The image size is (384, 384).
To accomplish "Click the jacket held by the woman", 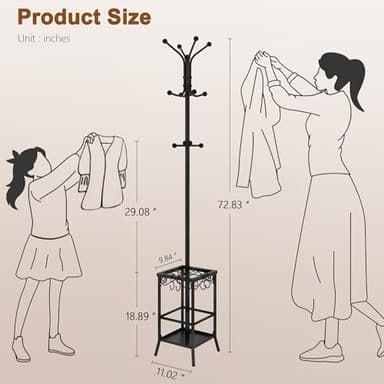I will (257, 130).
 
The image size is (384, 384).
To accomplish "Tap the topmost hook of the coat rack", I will (188, 42).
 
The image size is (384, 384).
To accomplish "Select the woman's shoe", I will (322, 351).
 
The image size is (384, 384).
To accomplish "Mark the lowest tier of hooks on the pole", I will (188, 146).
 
